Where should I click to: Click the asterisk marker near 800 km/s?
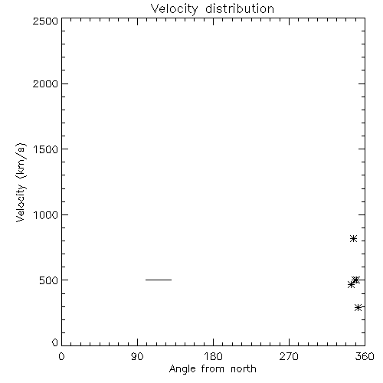[353, 239]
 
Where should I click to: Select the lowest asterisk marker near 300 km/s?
[358, 307]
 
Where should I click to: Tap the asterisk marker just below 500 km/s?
[351, 284]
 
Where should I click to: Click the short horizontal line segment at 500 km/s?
[159, 280]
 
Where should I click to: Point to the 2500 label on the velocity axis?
[46, 21]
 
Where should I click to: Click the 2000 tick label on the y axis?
[46, 83]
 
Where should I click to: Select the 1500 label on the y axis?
[46, 149]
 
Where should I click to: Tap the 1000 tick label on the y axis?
[46, 214]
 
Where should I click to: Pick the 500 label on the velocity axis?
[49, 280]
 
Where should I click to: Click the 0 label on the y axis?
[55, 342]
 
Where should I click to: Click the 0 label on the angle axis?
[61, 356]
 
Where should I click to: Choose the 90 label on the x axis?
[137, 356]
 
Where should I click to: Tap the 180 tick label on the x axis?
[213, 356]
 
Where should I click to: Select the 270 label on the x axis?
[289, 356]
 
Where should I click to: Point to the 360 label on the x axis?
[365, 356]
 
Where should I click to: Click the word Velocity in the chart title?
[174, 9]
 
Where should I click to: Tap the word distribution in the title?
[240, 8]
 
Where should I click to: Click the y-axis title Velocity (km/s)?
[21, 182]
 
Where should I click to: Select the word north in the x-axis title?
[244, 368]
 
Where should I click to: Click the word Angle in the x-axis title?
[182, 369]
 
